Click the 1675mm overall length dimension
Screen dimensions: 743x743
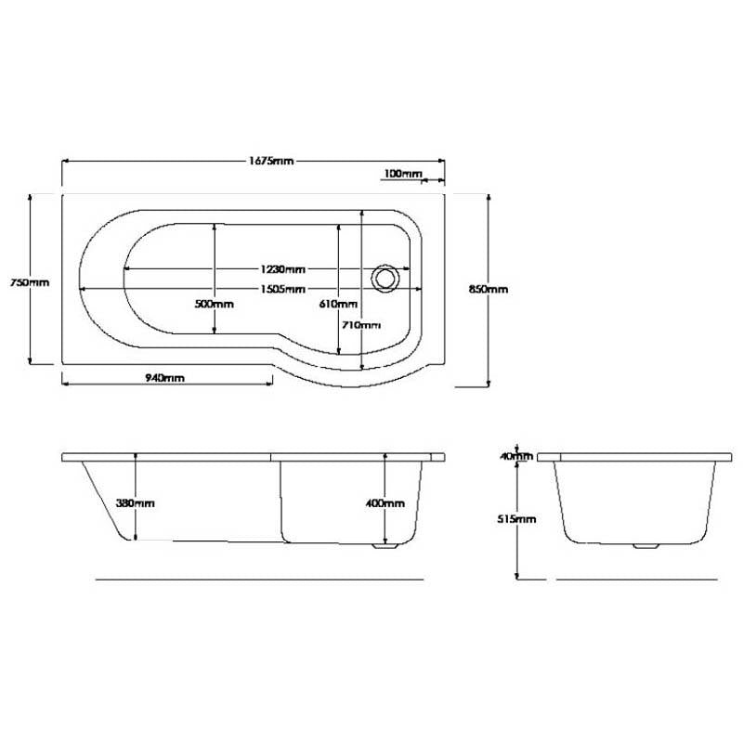[x=271, y=161]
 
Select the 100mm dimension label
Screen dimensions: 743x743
[x=402, y=174]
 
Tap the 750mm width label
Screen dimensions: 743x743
[x=30, y=282]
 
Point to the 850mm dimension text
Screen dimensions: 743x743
[x=489, y=289]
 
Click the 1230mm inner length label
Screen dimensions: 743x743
[x=283, y=269]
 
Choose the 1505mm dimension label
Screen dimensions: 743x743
[x=283, y=289]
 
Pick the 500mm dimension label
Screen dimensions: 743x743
[x=215, y=304]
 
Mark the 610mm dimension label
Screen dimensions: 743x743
[x=338, y=304]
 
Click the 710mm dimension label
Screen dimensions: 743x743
[x=361, y=325]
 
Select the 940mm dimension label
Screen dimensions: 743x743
[x=164, y=378]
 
